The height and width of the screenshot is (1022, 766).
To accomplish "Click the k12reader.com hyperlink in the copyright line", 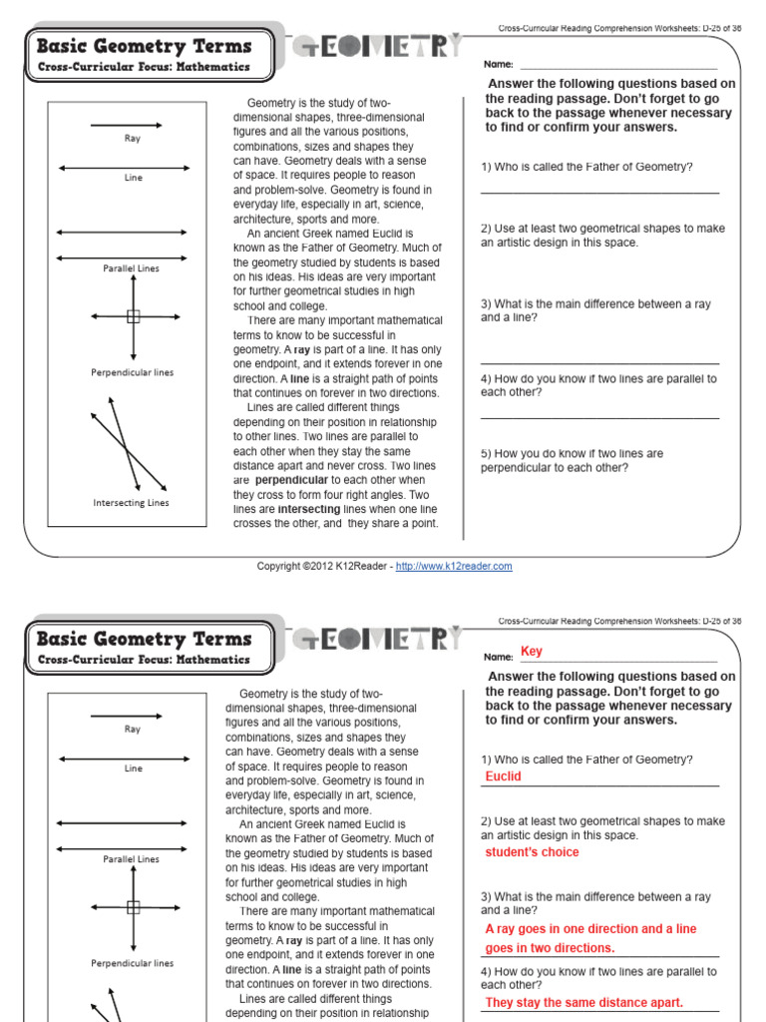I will click(454, 566).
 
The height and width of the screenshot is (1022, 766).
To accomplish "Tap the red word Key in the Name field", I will click(532, 652).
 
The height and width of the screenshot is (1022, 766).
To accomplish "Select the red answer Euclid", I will click(503, 776).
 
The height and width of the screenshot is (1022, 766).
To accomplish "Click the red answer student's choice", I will click(532, 852).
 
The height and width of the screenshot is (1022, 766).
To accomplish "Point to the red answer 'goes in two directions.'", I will click(550, 948).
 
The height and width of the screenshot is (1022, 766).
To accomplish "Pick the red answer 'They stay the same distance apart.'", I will click(583, 1003).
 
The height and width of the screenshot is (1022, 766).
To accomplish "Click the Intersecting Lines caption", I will click(132, 503).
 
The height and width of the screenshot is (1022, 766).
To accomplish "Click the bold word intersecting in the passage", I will click(308, 509).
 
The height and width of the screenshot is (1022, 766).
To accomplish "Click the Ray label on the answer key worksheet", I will click(133, 730).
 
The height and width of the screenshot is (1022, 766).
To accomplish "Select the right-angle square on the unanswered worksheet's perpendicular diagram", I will click(134, 316).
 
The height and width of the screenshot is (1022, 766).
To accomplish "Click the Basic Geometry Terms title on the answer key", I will click(144, 639).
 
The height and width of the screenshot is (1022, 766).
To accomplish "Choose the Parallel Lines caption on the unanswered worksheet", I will click(131, 268).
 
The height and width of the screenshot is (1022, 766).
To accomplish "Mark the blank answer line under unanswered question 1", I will click(598, 191).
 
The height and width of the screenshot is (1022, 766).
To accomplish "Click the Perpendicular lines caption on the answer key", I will click(133, 963).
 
